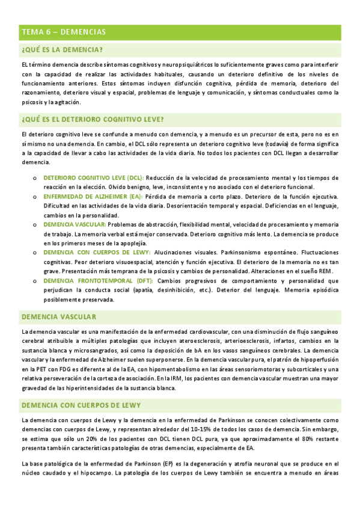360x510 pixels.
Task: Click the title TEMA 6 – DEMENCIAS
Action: tap(64, 31)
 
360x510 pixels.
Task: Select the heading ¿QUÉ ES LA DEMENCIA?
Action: tap(61, 49)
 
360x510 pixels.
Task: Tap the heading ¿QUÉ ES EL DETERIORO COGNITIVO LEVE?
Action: tap(93, 119)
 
